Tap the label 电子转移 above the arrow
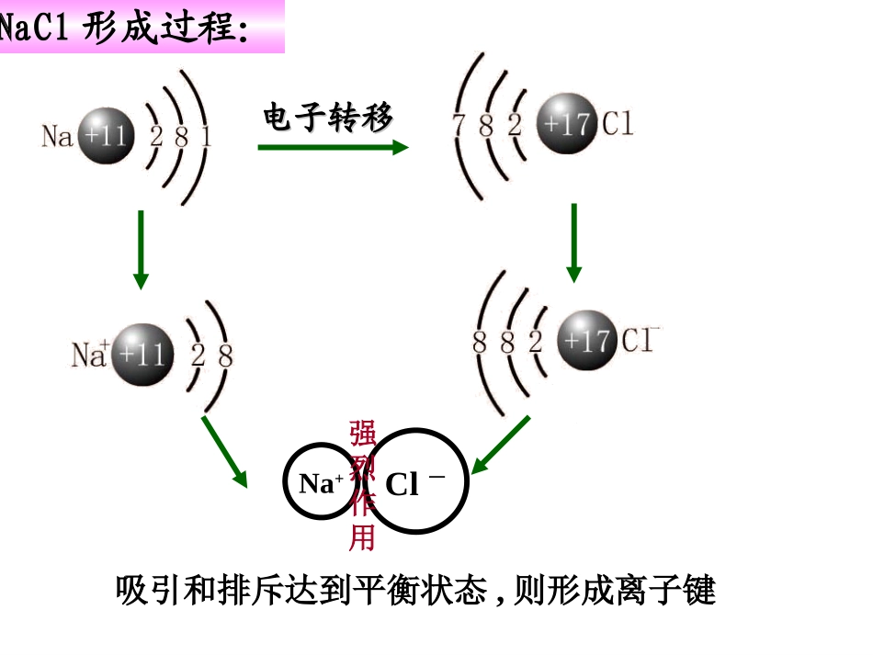[x=327, y=118]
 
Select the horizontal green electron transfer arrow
[x=332, y=147]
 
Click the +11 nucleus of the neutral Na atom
[x=105, y=137]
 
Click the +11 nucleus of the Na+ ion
[x=142, y=354]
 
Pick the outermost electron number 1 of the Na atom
[x=206, y=138]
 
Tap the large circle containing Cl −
[x=418, y=483]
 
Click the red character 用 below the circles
[x=362, y=536]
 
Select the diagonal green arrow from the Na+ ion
[x=225, y=451]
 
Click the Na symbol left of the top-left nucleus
[x=57, y=138]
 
